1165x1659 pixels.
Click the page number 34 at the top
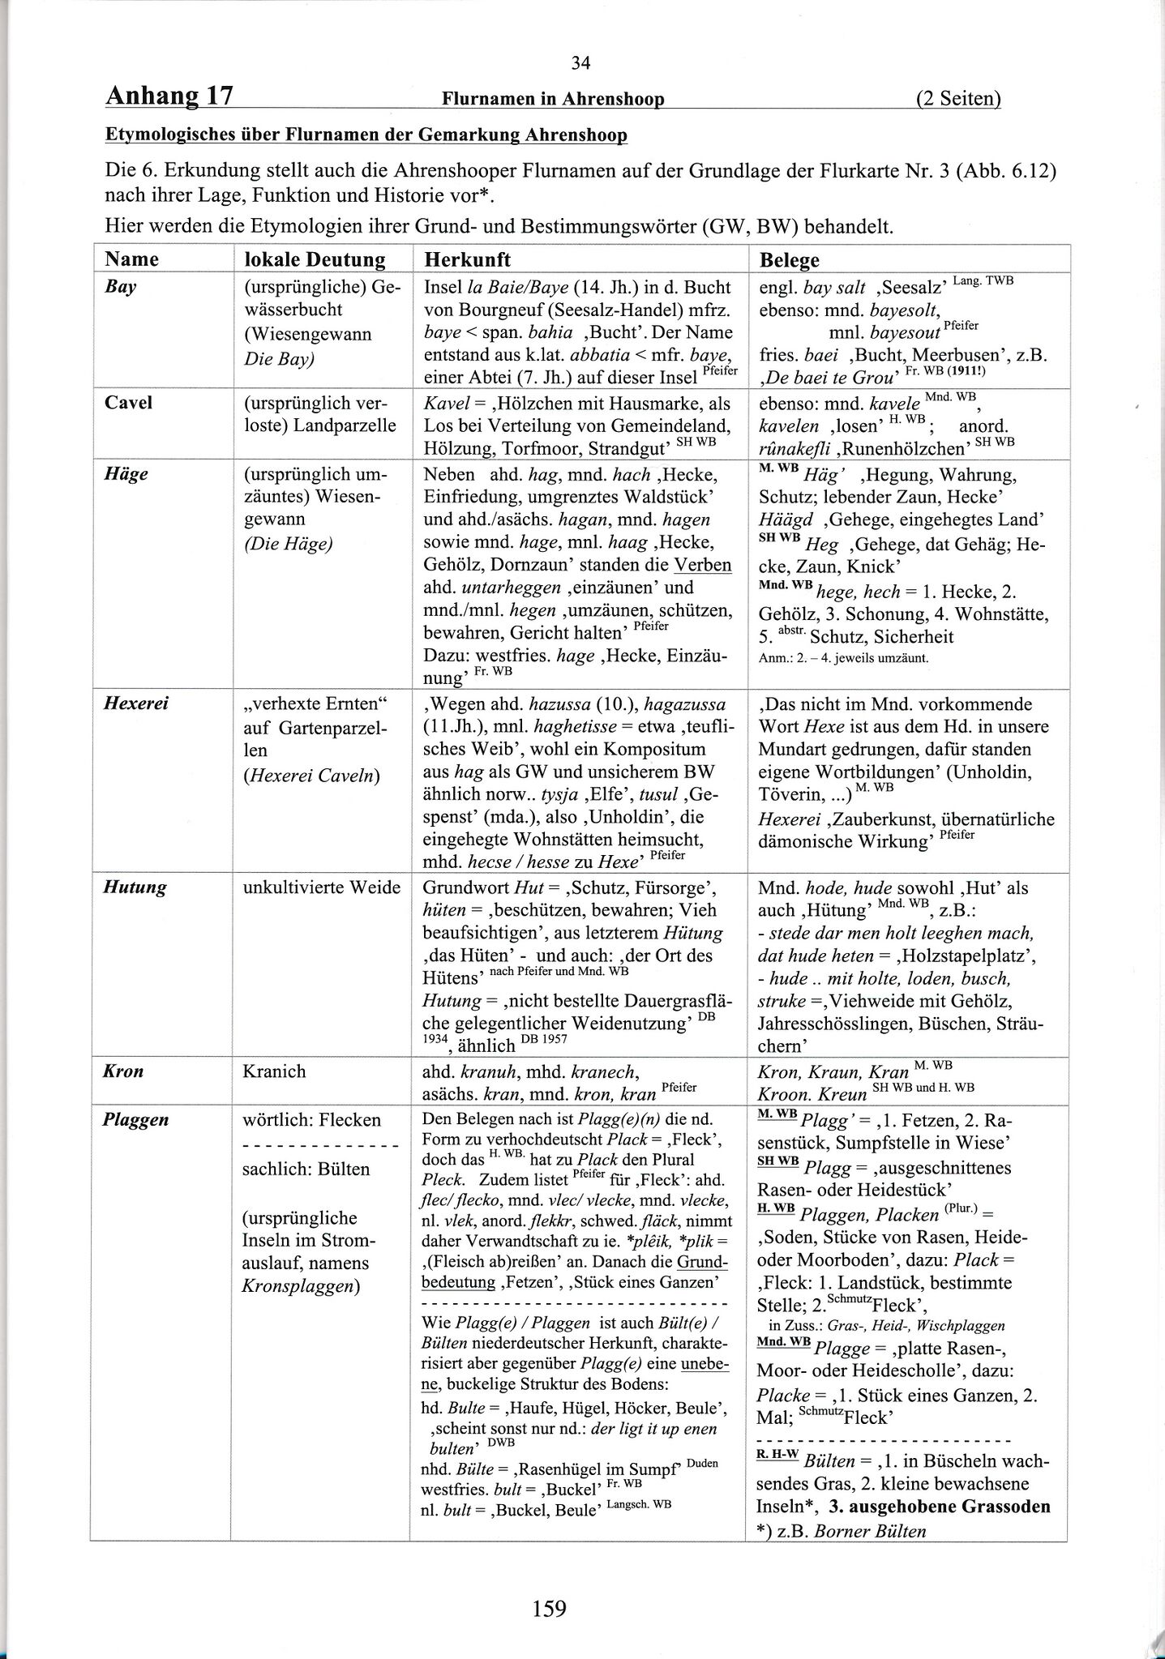click(x=581, y=63)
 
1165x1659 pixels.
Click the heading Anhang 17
click(x=169, y=97)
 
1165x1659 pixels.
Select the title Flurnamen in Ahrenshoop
click(x=553, y=99)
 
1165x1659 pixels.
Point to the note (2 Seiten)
click(x=958, y=99)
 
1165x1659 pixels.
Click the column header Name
click(x=131, y=259)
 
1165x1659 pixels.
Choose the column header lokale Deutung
click(x=315, y=259)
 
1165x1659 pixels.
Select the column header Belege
click(x=789, y=259)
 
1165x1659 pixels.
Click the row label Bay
click(x=120, y=288)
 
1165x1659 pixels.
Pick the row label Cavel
click(x=128, y=403)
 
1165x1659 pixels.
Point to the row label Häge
click(x=126, y=474)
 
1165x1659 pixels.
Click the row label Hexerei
click(x=135, y=703)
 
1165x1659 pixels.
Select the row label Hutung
click(x=135, y=887)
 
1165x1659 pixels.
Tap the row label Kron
click(x=123, y=1071)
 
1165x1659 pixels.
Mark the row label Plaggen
click(x=136, y=1120)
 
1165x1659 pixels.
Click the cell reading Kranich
click(x=274, y=1071)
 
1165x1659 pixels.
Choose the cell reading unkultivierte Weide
click(x=322, y=887)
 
